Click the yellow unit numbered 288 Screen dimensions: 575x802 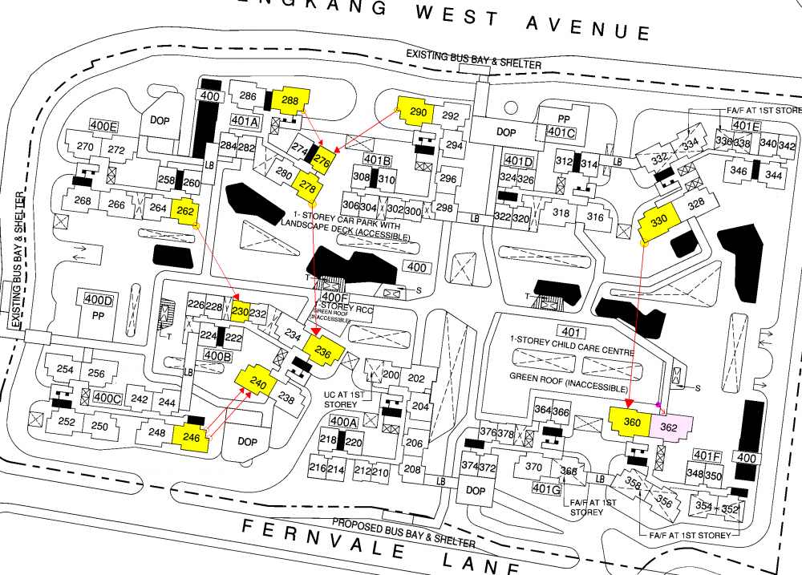click(290, 100)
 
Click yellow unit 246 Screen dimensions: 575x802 click(192, 438)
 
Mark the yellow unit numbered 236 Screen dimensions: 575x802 click(323, 350)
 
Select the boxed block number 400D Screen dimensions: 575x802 click(99, 300)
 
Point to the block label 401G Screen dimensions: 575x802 click(545, 488)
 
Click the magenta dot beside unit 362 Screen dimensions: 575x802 click(658, 404)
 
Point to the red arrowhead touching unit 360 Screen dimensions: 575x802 click(630, 402)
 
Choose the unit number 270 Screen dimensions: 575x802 click(84, 147)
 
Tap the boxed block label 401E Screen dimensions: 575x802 click(746, 126)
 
